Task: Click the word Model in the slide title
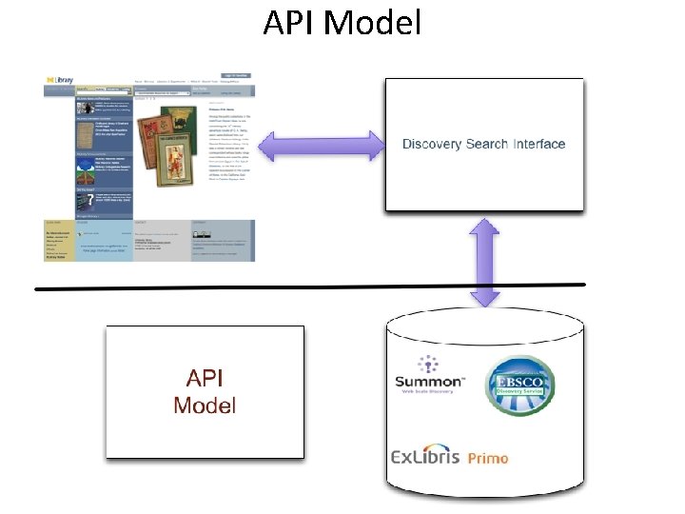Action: pyautogui.click(x=372, y=22)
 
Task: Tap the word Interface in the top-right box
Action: pyautogui.click(x=538, y=145)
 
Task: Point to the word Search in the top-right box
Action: pyautogui.click(x=487, y=145)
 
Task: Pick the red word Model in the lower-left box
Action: pyautogui.click(x=205, y=405)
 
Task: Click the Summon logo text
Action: pyautogui.click(x=430, y=383)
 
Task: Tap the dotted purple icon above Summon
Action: pyautogui.click(x=430, y=363)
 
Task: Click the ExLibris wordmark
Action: pyautogui.click(x=426, y=457)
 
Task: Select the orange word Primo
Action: pyautogui.click(x=488, y=458)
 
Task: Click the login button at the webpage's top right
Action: pyautogui.click(x=236, y=75)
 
